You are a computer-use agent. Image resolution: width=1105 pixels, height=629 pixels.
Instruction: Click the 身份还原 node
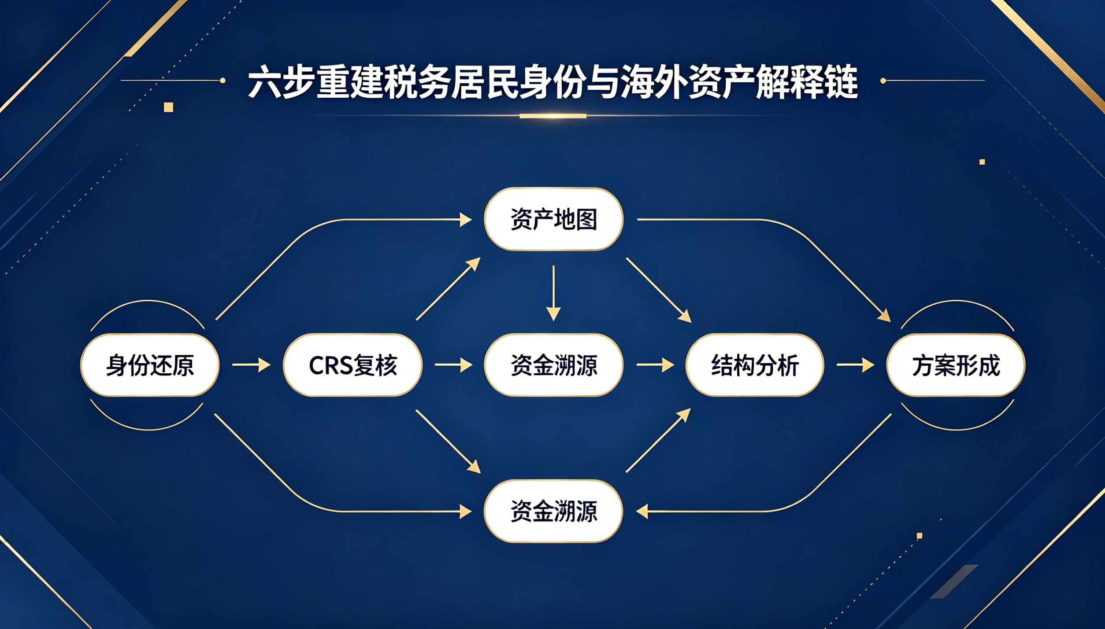point(150,365)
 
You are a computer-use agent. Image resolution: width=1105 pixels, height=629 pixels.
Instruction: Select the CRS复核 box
point(352,365)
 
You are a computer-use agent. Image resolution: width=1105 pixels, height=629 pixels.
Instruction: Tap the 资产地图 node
point(554,219)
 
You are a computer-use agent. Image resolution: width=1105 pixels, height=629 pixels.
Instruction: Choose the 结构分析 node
point(755,365)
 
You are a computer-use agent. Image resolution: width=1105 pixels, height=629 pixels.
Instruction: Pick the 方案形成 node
point(956,365)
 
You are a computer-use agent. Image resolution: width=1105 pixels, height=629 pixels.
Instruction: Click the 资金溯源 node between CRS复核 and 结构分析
point(554,365)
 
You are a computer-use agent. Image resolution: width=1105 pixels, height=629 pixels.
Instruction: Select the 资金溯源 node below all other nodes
point(554,511)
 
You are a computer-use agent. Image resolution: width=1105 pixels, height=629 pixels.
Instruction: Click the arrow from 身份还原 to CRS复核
point(252,365)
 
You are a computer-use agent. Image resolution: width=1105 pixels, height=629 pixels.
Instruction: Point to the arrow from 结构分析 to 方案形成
point(856,365)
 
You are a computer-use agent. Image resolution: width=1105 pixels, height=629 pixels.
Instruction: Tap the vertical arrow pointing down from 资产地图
point(553,293)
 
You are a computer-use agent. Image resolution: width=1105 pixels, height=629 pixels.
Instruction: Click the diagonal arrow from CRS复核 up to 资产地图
point(448,289)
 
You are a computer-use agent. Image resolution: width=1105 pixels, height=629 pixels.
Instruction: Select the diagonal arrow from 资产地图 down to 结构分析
point(659,291)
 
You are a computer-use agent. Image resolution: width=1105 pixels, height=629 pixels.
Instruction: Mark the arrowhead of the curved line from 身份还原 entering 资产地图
point(466,219)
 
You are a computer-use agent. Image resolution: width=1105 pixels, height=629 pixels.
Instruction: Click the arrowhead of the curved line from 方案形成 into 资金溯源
point(642,511)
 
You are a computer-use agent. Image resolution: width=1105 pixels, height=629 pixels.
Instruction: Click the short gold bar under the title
point(553,116)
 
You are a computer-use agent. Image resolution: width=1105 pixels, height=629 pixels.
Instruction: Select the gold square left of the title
point(168,107)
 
